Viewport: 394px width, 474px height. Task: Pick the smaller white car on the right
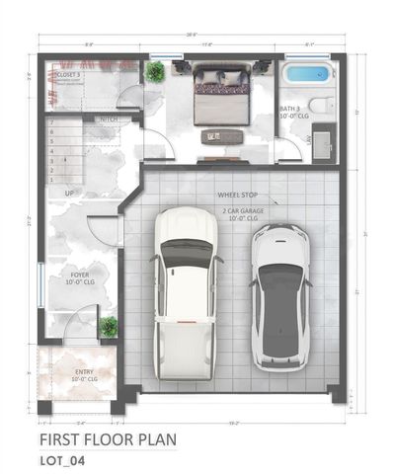(280, 296)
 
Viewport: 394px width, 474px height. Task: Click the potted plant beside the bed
(154, 71)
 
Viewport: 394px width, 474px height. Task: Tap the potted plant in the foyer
(109, 326)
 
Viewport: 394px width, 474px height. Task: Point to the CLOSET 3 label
(67, 74)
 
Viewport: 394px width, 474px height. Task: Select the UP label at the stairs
(70, 192)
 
